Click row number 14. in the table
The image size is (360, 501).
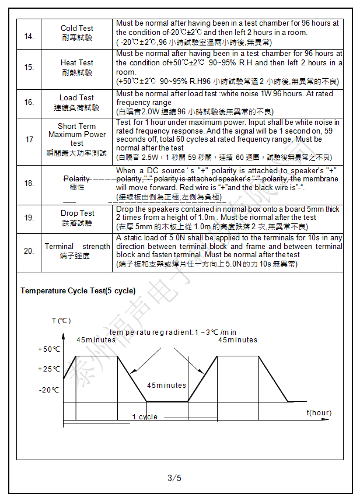pyautogui.click(x=29, y=37)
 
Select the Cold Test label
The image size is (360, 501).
pyautogui.click(x=76, y=29)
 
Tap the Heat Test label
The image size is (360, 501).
pyautogui.click(x=76, y=62)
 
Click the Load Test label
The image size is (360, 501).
pyautogui.click(x=76, y=97)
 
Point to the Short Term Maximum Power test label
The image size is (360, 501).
pyautogui.click(x=77, y=134)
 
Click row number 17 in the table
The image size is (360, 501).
pyautogui.click(x=29, y=140)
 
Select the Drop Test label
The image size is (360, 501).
pyautogui.click(x=77, y=213)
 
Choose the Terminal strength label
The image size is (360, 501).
pyautogui.click(x=77, y=247)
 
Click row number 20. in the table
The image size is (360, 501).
pyautogui.click(x=29, y=251)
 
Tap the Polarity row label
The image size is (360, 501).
pyautogui.click(x=77, y=179)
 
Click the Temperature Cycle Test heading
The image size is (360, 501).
pyautogui.click(x=78, y=290)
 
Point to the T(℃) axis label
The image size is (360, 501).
pyautogui.click(x=61, y=321)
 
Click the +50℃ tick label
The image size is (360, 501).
pyautogui.click(x=49, y=349)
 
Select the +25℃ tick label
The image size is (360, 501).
pyautogui.click(x=49, y=369)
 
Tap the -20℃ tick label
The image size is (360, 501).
pyautogui.click(x=49, y=390)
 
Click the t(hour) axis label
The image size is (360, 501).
pyautogui.click(x=319, y=413)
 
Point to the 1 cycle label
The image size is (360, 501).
pyautogui.click(x=144, y=417)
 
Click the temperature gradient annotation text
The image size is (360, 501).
pyautogui.click(x=173, y=332)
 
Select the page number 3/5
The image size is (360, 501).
pyautogui.click(x=174, y=478)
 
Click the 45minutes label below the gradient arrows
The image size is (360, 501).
pyautogui.click(x=166, y=386)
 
